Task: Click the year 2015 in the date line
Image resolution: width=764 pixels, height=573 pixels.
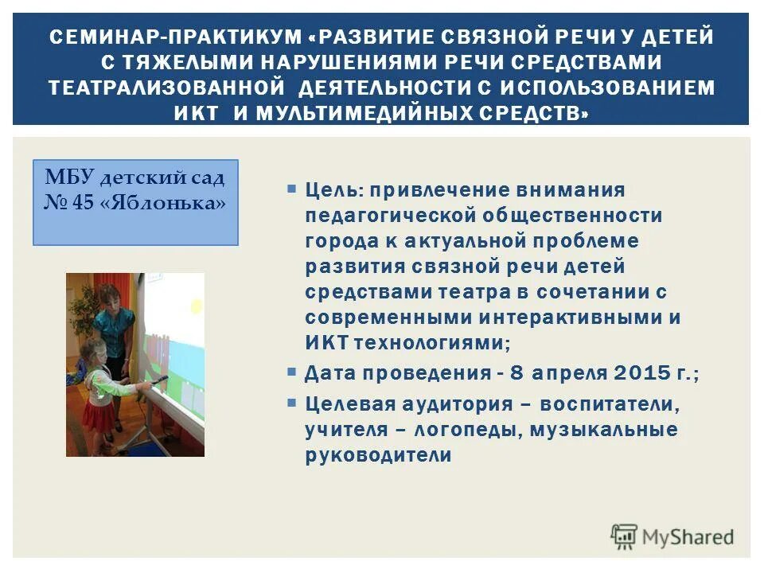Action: pos(642,373)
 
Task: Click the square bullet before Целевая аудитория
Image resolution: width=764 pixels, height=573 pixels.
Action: pos(292,403)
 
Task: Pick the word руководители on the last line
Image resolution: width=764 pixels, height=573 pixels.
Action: pos(378,455)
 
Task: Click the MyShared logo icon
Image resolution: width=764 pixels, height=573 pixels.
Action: pos(625,537)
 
